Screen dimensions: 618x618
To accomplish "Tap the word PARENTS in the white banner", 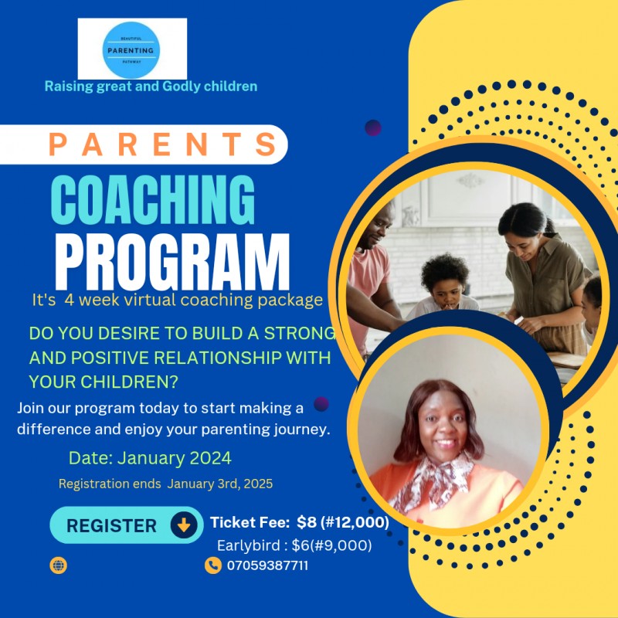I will click(x=163, y=144).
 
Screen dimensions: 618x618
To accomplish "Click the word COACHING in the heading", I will click(x=154, y=200).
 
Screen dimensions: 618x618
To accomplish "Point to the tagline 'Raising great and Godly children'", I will click(x=151, y=87).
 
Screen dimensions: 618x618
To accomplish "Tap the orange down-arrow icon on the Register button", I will click(x=184, y=525).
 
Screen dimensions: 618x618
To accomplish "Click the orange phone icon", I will click(x=213, y=565).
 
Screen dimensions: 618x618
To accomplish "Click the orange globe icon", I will click(x=59, y=565).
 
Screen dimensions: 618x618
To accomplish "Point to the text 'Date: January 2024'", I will click(x=150, y=458).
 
